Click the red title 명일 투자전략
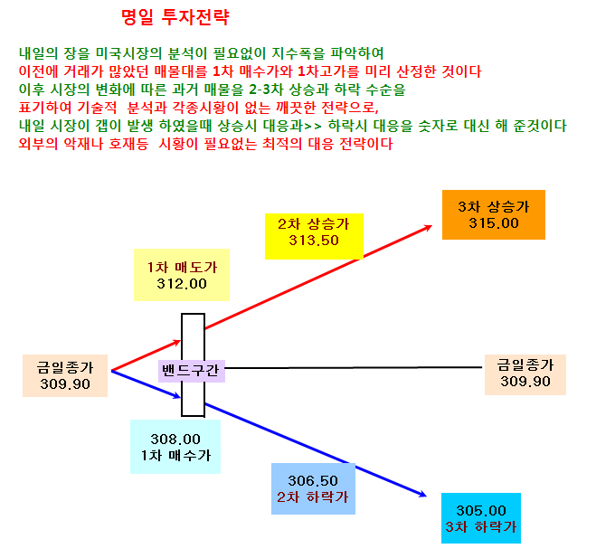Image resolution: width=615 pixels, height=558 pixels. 175,17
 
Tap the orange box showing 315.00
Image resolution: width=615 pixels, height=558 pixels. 494,214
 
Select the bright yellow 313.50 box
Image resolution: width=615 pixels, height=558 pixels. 314,236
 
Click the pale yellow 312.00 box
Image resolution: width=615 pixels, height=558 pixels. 182,275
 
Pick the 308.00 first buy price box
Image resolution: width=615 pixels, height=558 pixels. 175,447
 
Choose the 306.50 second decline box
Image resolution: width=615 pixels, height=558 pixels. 314,488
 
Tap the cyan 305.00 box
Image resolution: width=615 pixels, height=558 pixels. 481,518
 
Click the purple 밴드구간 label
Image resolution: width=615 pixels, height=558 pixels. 192,371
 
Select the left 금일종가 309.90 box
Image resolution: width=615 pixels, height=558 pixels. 65,375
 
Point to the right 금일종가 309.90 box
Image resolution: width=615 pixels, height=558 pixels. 525,374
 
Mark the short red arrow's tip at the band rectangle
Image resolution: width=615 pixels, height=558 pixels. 180,342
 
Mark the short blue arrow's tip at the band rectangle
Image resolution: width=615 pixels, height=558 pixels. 180,398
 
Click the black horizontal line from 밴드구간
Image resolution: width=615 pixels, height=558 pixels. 354,368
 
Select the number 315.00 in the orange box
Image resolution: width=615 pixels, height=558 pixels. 494,223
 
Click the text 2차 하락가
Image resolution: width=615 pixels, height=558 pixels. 313,497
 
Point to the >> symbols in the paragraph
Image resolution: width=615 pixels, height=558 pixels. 313,126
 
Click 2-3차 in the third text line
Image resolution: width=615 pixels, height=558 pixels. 266,90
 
